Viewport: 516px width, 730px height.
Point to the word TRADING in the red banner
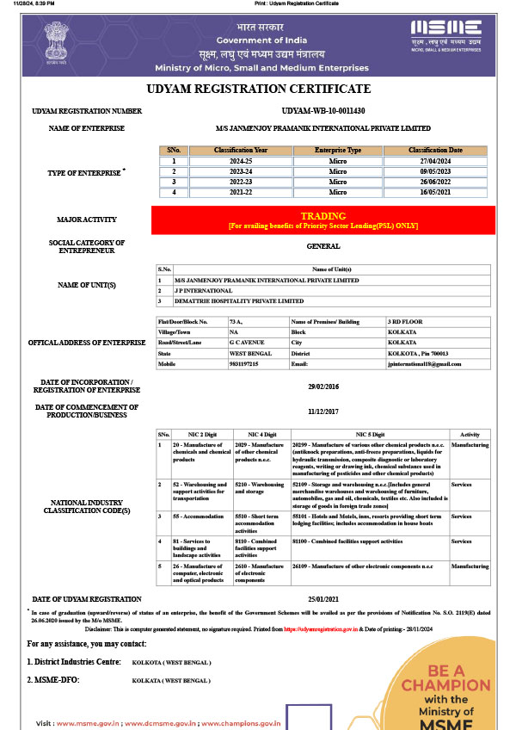click(322, 216)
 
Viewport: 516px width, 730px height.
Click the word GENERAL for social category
click(323, 246)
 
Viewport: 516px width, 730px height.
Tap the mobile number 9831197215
click(244, 364)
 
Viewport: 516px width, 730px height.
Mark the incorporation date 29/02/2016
click(323, 387)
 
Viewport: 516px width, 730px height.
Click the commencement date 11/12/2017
click(323, 411)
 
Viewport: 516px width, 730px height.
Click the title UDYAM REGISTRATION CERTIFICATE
click(258, 89)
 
